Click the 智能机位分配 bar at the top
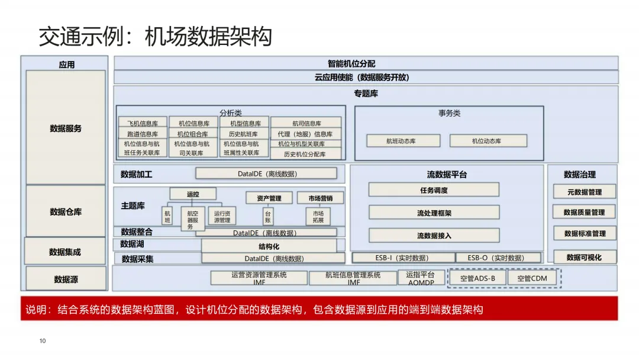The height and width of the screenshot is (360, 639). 366,63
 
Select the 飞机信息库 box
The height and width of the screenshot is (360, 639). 143,123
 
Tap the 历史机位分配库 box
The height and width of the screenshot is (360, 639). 305,154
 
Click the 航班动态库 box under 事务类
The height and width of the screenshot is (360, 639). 403,141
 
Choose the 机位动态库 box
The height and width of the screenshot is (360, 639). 488,141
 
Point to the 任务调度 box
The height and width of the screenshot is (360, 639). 434,190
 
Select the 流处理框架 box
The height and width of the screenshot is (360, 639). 434,213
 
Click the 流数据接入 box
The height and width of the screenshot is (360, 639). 434,235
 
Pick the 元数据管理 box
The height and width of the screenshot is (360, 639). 584,191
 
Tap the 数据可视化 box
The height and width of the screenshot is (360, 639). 584,257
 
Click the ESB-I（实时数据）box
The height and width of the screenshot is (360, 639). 403,258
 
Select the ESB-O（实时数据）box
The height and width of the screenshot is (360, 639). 498,258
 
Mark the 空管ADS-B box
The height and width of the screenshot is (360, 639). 477,278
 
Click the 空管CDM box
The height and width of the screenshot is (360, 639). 532,278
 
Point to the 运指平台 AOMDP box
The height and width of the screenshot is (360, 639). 421,278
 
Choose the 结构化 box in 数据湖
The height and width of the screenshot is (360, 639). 269,246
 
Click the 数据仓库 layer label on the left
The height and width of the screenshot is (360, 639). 66,211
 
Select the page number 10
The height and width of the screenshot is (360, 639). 43,340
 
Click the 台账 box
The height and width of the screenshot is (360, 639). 268,216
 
